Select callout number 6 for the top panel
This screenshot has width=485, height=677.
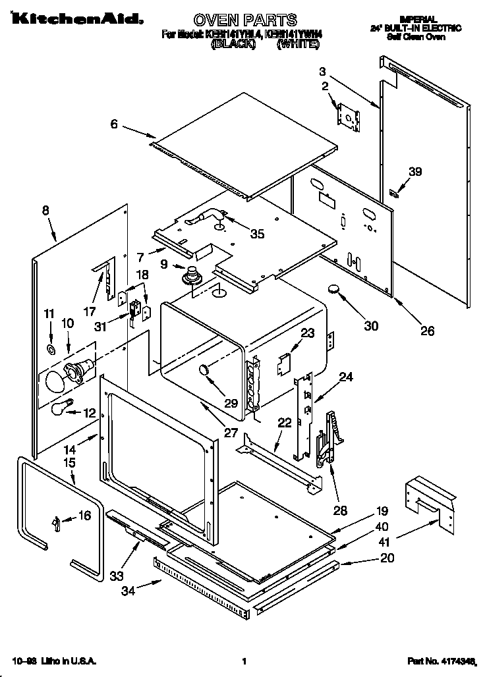click(114, 124)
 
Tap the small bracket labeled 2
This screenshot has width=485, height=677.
click(348, 115)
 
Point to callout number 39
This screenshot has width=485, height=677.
click(414, 172)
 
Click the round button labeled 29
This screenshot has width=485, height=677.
click(206, 372)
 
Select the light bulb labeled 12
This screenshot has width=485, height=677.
click(61, 409)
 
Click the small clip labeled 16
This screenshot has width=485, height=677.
click(57, 522)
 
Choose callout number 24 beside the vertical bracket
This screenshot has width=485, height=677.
click(347, 377)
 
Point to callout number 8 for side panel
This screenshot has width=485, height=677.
click(45, 211)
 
